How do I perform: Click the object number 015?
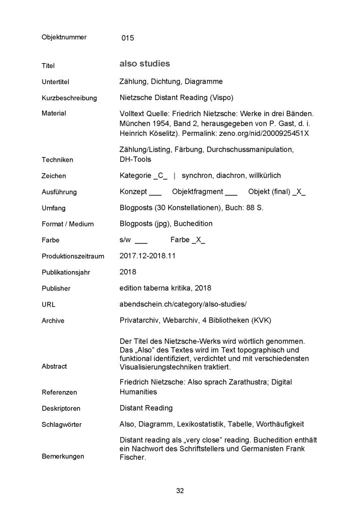tap(128, 38)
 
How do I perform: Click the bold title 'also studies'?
tap(145, 64)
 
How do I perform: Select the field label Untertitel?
tap(56, 82)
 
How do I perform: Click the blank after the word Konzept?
tap(155, 193)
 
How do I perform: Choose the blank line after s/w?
tap(141, 241)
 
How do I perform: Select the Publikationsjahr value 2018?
tap(129, 272)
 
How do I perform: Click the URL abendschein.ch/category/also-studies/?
tap(184, 304)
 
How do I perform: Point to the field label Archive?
tap(53, 321)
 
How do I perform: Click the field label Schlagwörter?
tap(61, 425)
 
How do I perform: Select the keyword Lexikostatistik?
tap(205, 424)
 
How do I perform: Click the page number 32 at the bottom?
tap(180, 490)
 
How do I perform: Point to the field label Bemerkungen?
tap(63, 456)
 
